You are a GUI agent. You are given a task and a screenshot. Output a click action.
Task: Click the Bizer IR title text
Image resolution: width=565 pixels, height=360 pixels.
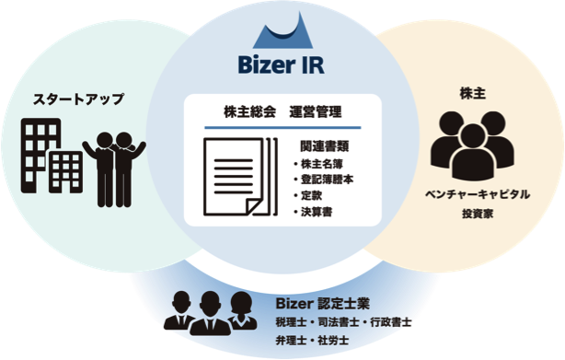tap(282, 66)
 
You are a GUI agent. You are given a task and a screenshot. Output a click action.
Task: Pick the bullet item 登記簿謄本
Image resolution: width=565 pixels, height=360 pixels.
tap(324, 179)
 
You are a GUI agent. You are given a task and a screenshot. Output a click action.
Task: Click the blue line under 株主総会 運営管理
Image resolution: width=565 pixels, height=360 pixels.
tap(282, 127)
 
